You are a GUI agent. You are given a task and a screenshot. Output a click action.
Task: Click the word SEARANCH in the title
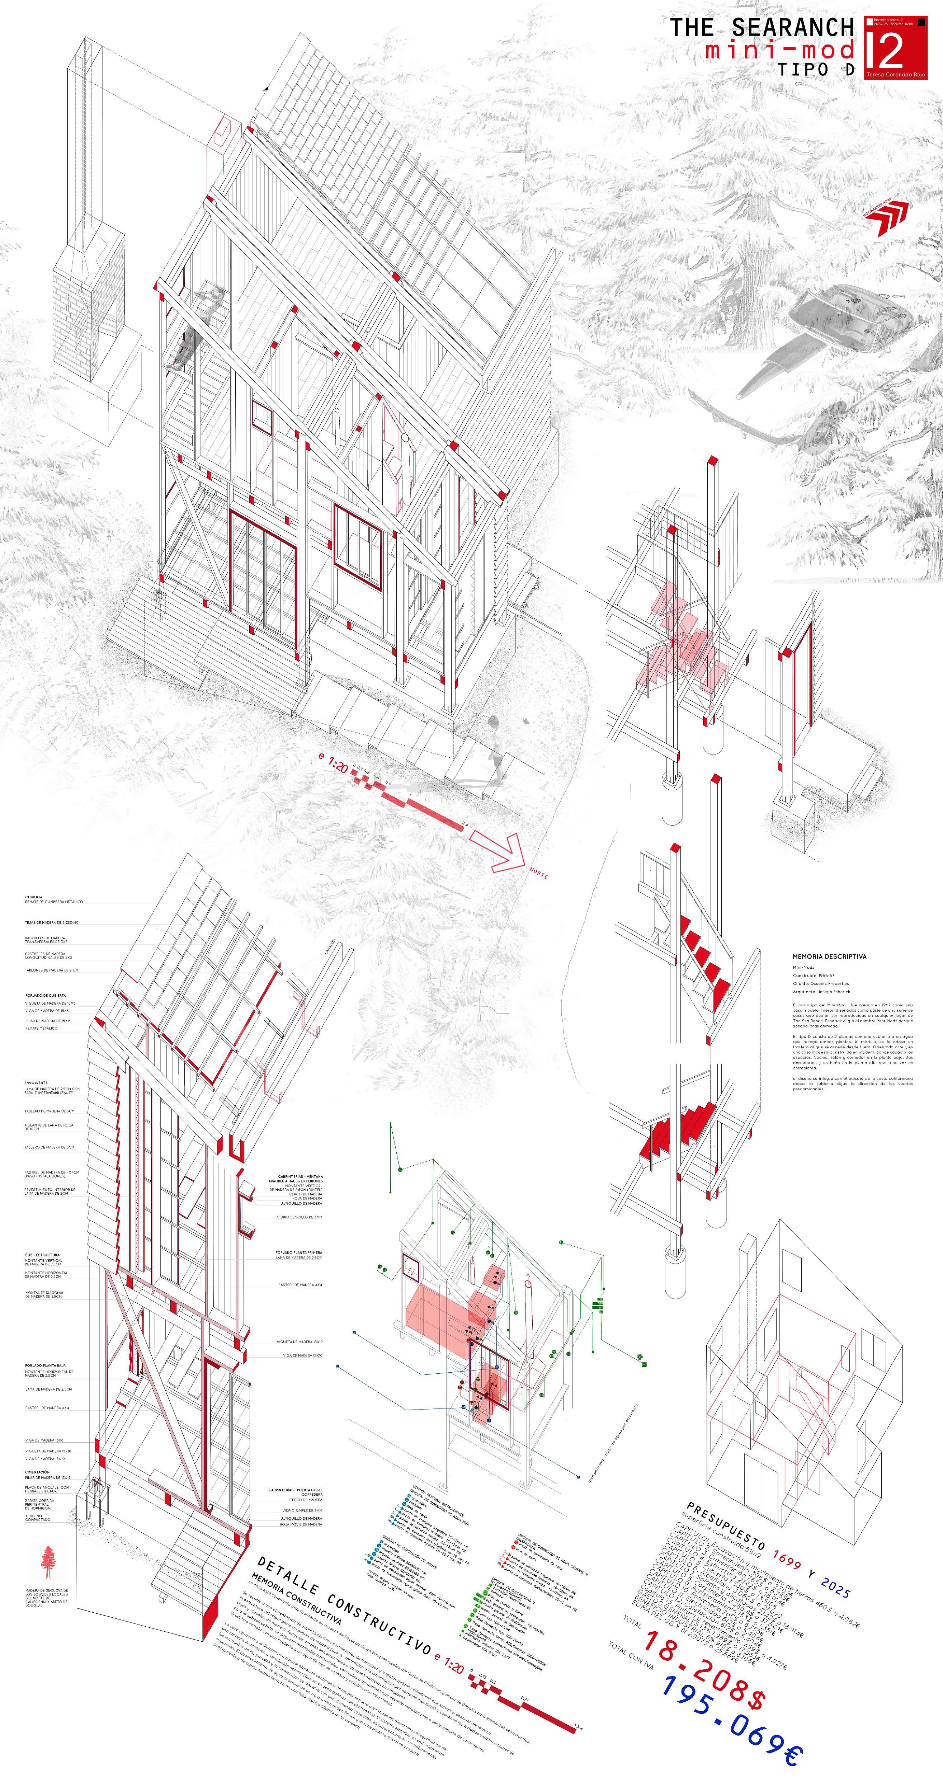click(792, 28)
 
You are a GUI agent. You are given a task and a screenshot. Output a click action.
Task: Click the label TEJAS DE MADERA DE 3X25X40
click(52, 922)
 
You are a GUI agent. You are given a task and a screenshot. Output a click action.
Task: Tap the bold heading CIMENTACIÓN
click(37, 1472)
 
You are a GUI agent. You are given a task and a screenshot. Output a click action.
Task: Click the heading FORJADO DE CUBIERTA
click(46, 995)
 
